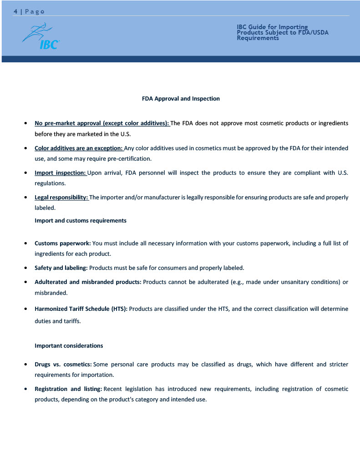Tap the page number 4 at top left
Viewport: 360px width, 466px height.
click(15, 11)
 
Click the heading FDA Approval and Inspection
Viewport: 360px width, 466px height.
click(181, 99)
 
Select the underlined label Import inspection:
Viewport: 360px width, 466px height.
click(61, 173)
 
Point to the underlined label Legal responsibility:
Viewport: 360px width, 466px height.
click(61, 198)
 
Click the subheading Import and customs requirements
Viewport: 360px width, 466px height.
click(81, 221)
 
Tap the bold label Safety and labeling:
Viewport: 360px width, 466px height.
click(61, 268)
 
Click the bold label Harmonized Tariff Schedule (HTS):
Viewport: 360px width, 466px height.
click(82, 309)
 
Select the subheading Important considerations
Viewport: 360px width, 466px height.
click(69, 346)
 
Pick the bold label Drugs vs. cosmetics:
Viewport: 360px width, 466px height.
click(63, 365)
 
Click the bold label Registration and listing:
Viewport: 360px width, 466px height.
click(68, 389)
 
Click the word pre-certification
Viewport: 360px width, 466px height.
click(130, 159)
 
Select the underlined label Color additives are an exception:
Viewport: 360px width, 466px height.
click(79, 148)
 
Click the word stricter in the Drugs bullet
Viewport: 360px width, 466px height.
click(337, 365)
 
